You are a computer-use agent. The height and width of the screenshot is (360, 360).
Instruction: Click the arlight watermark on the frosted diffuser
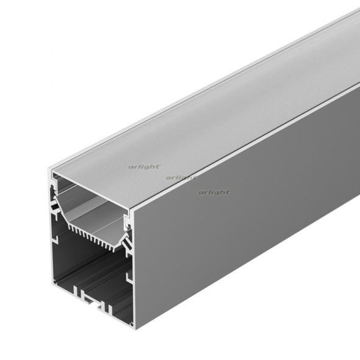[x=144, y=166]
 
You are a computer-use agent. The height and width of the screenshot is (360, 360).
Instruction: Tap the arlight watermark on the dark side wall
[x=214, y=192]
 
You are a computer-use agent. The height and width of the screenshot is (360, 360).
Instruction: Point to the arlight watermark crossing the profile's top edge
[x=181, y=178]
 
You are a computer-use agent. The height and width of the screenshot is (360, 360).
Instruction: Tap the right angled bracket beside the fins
[x=125, y=244]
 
